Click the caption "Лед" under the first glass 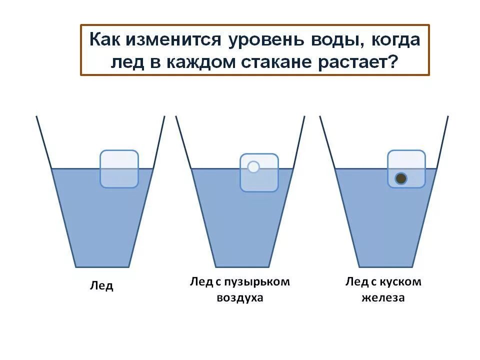tap(101, 286)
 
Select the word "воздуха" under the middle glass tap(240, 298)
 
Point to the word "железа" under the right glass tap(383, 298)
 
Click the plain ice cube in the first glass tap(119, 169)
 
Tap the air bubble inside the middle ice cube tap(253, 167)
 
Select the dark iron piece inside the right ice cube tap(400, 178)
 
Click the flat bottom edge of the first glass tap(102, 267)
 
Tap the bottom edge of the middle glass tap(242, 267)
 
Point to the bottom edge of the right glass tap(386, 267)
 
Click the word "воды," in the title tap(330, 39)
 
